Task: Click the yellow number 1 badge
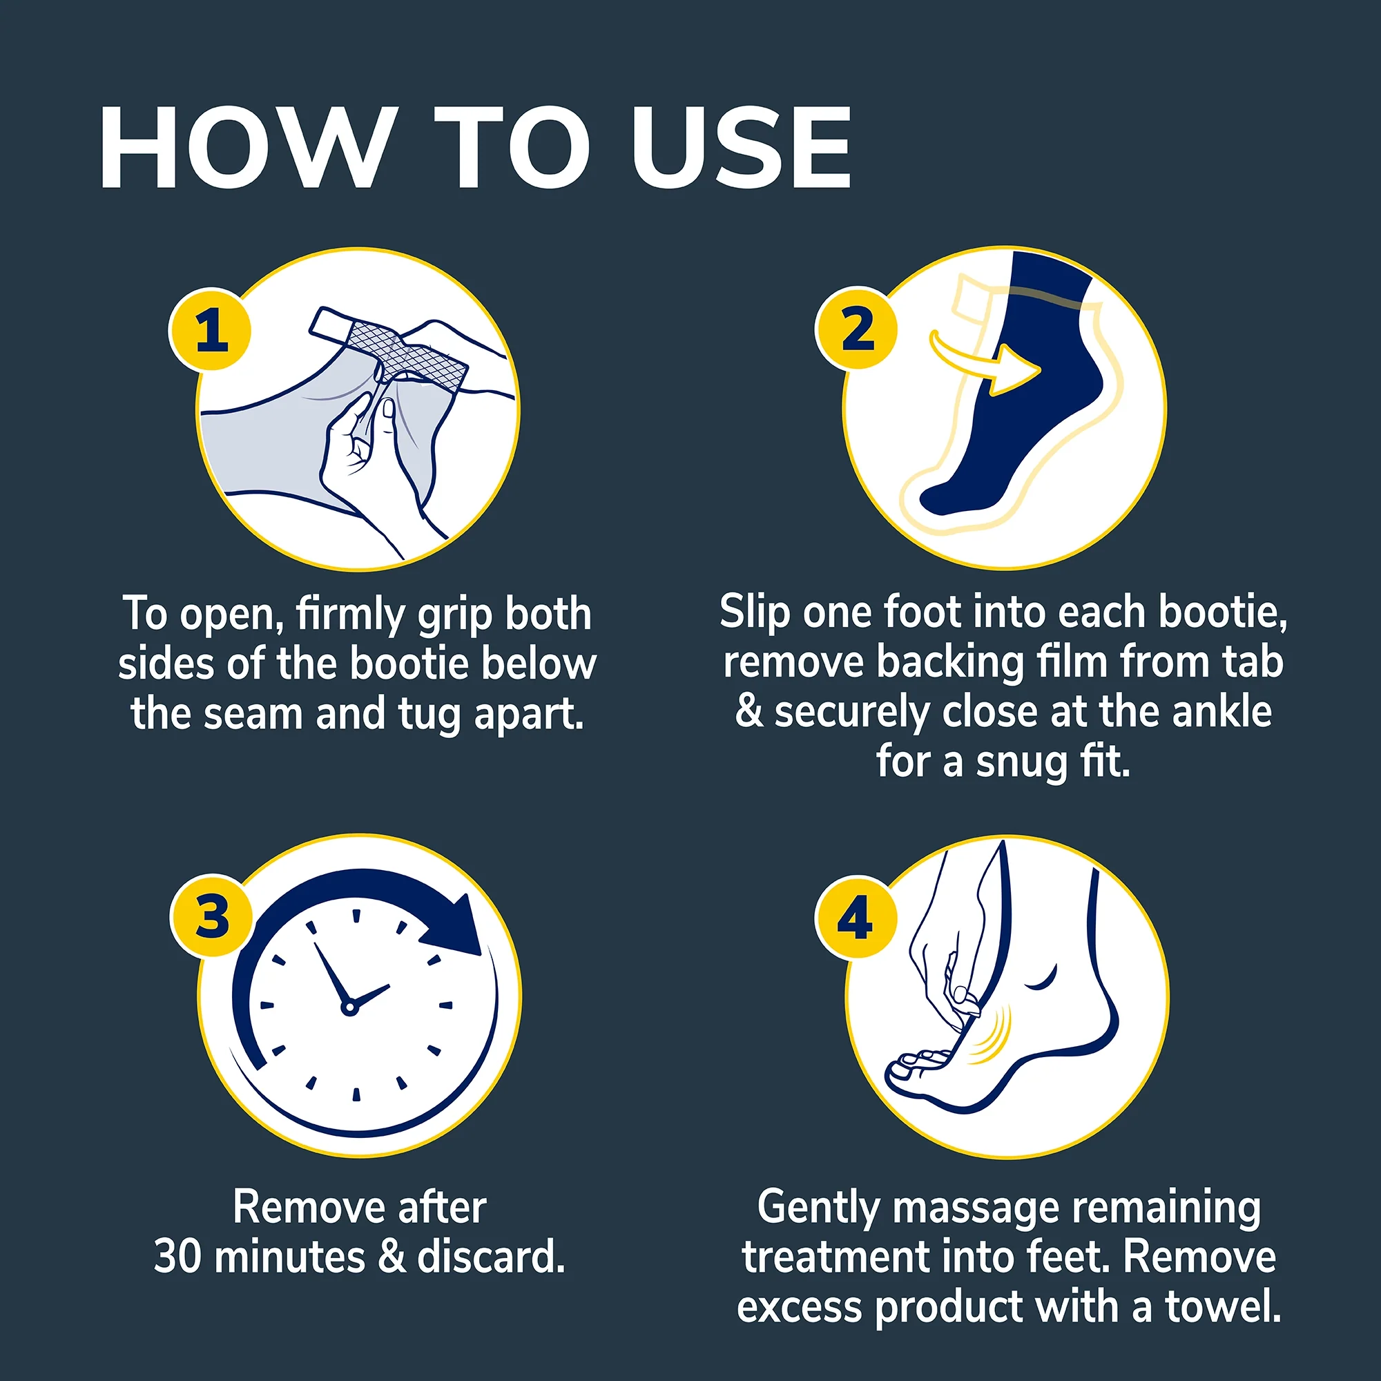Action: pos(210,329)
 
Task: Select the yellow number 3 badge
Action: pos(211,916)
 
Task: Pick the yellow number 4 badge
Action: pos(856,917)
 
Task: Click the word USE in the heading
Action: pos(741,148)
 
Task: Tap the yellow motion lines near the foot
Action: pos(995,1034)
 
